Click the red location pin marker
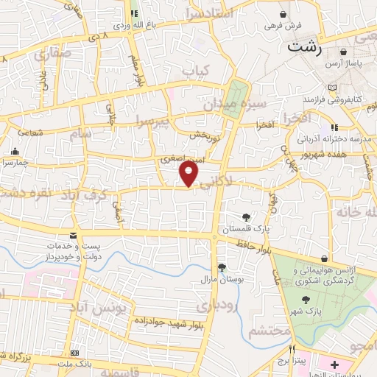pyautogui.click(x=189, y=174)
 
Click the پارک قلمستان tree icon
pyautogui.click(x=245, y=216)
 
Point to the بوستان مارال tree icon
pyautogui.click(x=222, y=267)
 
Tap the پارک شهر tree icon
pyautogui.click(x=307, y=299)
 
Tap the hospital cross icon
pyautogui.click(x=335, y=364)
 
